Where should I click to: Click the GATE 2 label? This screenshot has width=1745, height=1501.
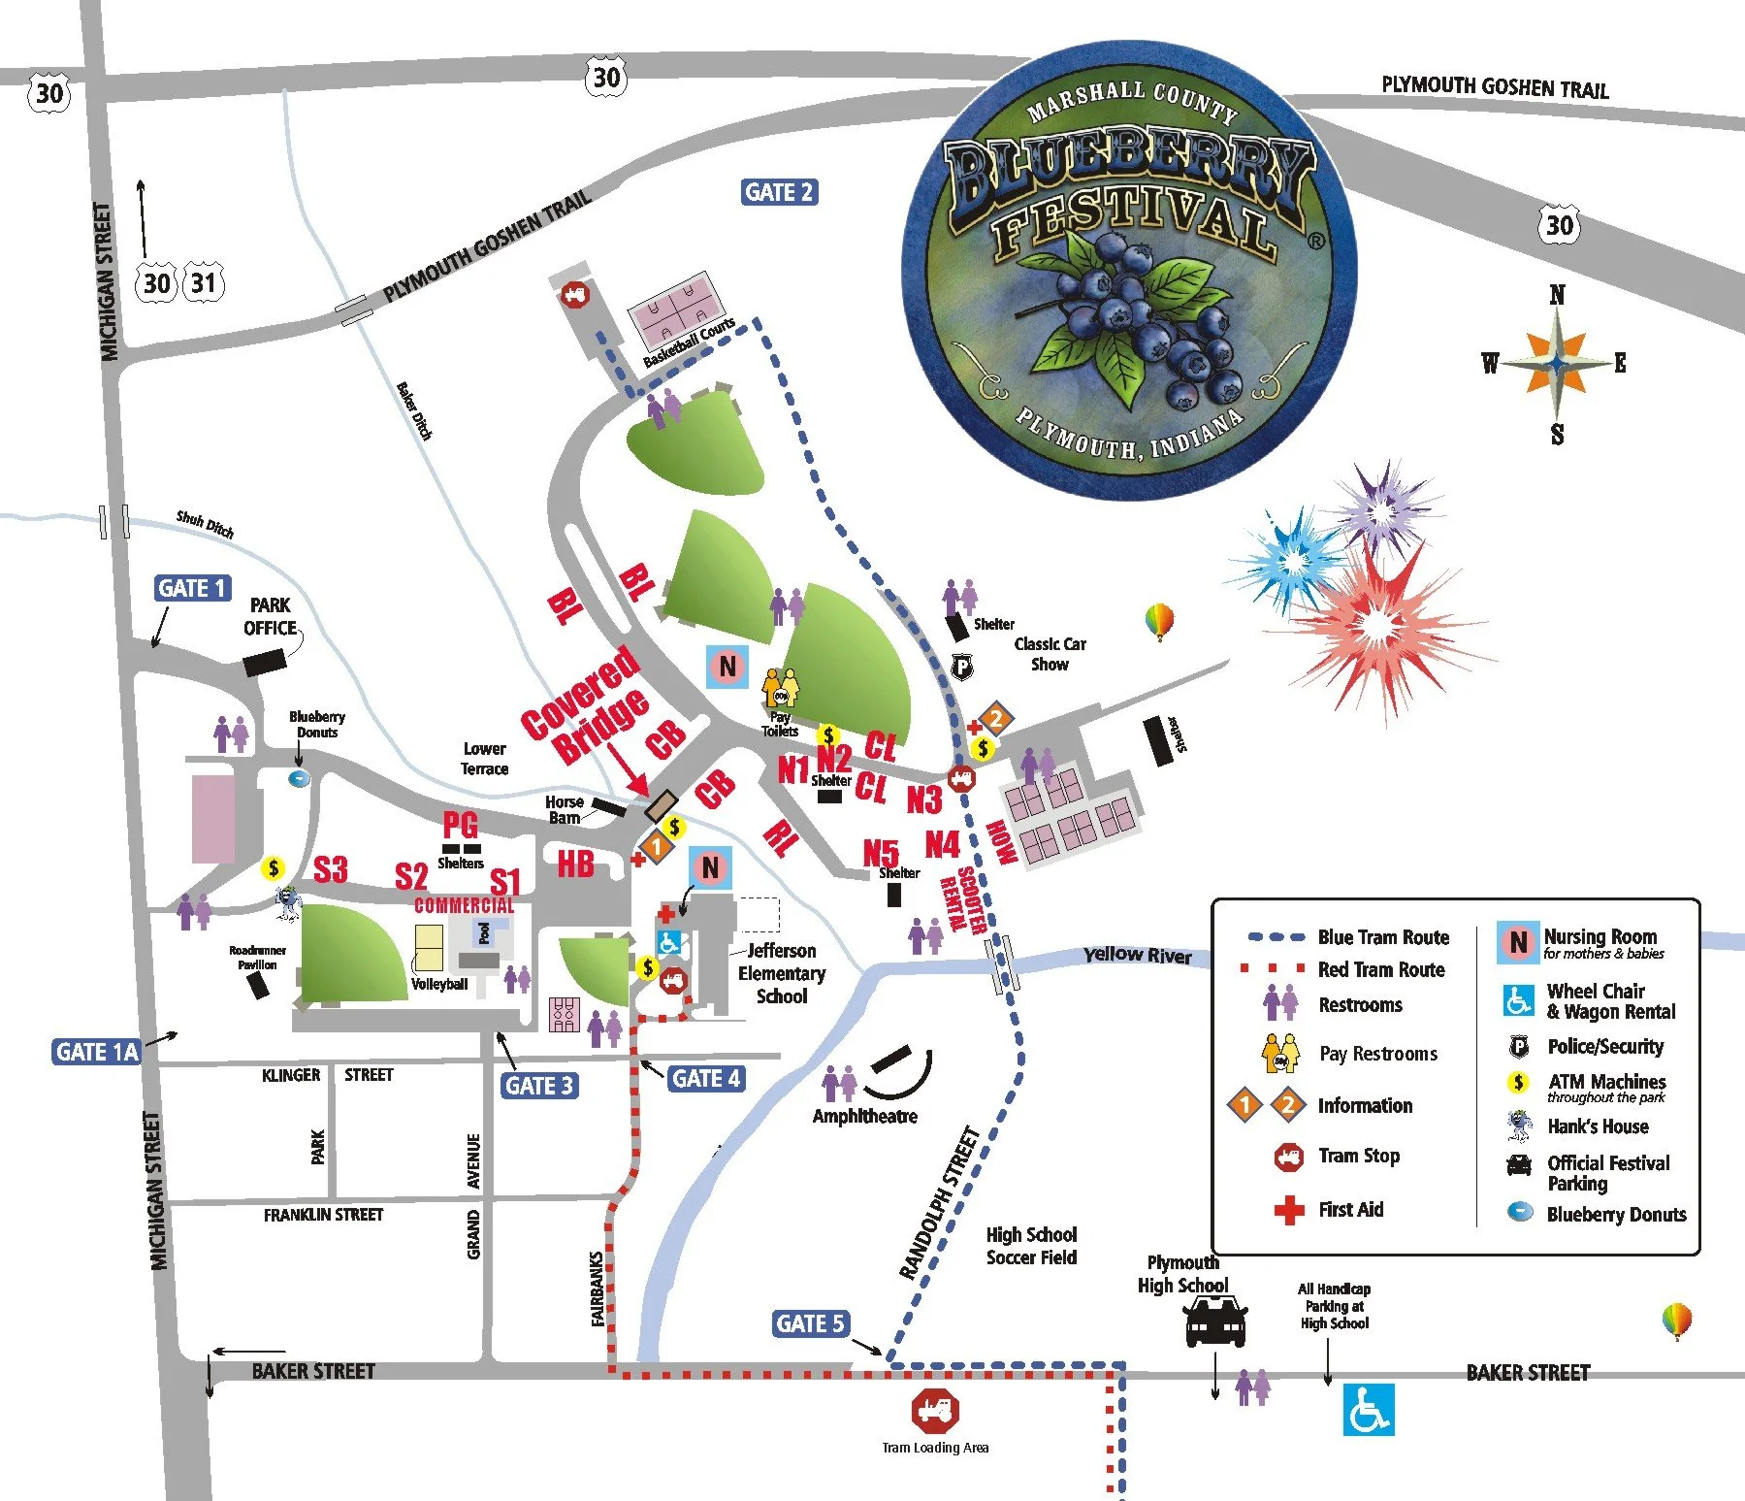click(x=779, y=192)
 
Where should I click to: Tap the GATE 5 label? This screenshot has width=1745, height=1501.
click(x=811, y=1323)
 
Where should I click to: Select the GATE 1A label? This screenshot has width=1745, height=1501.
click(x=96, y=1052)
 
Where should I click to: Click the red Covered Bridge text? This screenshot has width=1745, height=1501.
click(x=584, y=704)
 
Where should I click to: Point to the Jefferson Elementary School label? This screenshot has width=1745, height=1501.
click(x=781, y=973)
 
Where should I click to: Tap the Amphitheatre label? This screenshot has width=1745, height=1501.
click(x=864, y=1116)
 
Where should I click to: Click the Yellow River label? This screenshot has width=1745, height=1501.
click(x=1136, y=955)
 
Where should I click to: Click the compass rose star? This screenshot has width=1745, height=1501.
click(x=1556, y=364)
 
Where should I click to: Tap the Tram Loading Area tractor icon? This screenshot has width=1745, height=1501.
click(x=934, y=1412)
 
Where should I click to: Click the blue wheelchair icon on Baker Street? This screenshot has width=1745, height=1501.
click(x=1368, y=1409)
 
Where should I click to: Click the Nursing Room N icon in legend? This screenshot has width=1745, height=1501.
click(x=1518, y=942)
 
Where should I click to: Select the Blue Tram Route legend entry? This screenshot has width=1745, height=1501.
click(x=1348, y=937)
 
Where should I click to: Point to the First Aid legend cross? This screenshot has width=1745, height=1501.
click(x=1288, y=1210)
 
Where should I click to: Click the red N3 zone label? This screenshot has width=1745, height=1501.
click(x=923, y=799)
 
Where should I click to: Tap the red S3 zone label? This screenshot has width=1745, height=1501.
click(x=331, y=869)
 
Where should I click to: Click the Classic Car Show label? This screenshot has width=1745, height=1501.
click(x=1050, y=654)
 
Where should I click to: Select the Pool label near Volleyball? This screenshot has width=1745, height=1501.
click(x=484, y=932)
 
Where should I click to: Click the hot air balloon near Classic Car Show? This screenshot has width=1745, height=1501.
click(x=1159, y=621)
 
